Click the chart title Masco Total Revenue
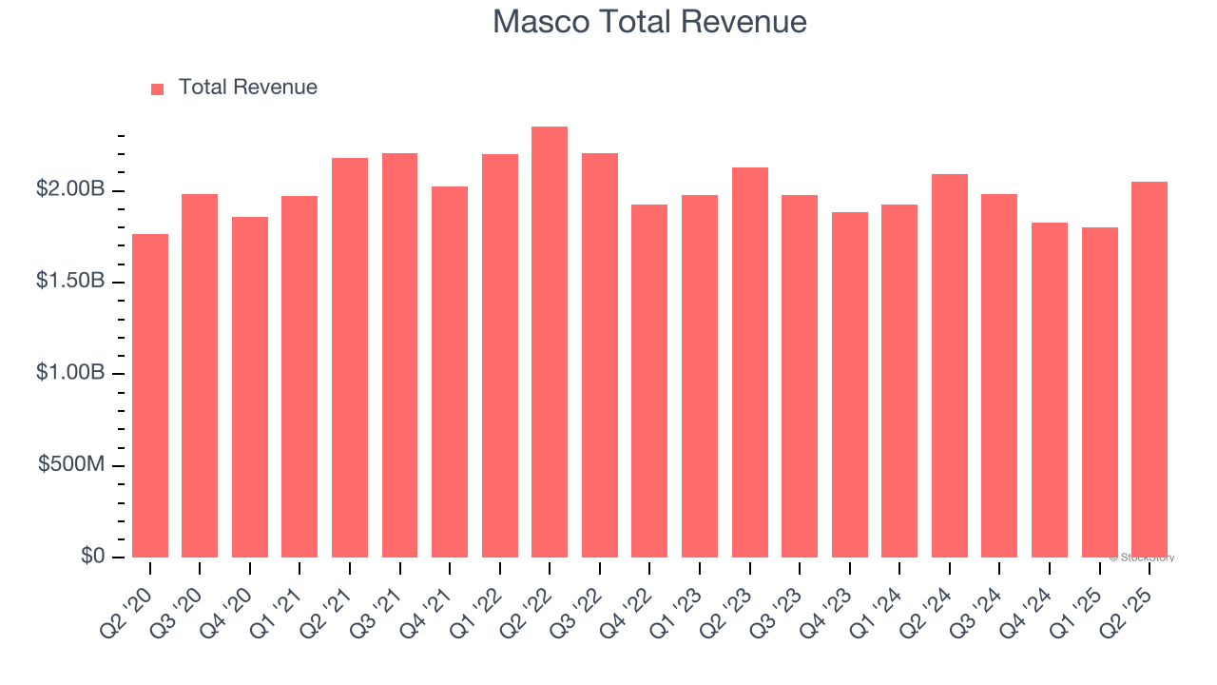[x=649, y=22]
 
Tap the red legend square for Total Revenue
[x=158, y=88]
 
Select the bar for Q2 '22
[x=550, y=342]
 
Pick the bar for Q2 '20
[x=150, y=396]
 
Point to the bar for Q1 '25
[x=1099, y=392]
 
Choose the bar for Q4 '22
[x=649, y=381]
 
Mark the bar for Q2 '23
[x=750, y=362]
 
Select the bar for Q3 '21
[x=399, y=355]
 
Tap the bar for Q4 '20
[x=250, y=387]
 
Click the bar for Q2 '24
[x=950, y=365]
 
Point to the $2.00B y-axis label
[x=70, y=190]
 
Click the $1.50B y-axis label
[x=70, y=283]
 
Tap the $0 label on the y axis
[x=93, y=557]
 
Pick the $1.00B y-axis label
[x=70, y=374]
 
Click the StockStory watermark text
[x=1142, y=558]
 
